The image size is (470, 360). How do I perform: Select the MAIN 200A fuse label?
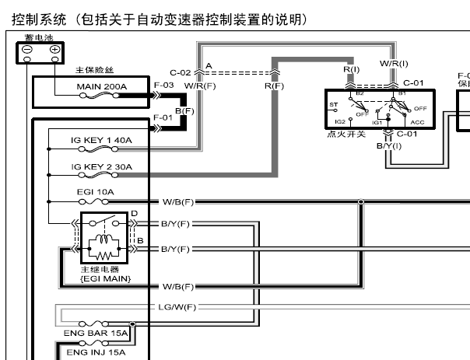tap(102, 86)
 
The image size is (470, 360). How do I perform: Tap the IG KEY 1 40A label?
tap(101, 141)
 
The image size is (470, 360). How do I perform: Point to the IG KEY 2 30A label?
tap(101, 166)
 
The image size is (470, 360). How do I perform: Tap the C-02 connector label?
tap(181, 72)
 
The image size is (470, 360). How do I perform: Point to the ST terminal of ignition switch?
tap(334, 103)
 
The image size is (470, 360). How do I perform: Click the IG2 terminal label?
tap(340, 122)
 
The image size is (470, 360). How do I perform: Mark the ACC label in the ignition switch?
tap(417, 122)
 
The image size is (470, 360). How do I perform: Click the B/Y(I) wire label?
tap(389, 145)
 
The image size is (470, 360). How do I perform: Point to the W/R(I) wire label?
tap(394, 62)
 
